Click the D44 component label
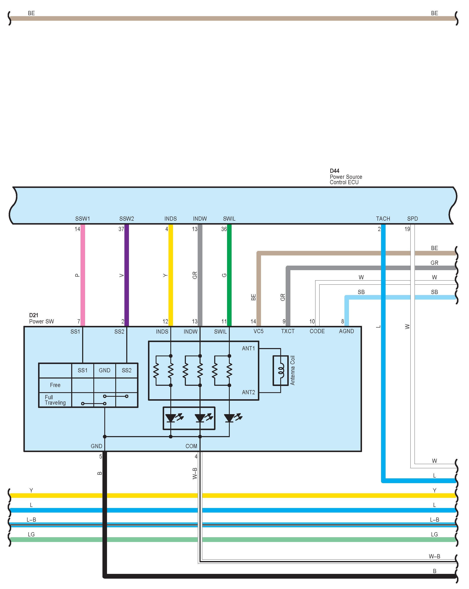click(334, 171)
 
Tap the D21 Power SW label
click(41, 319)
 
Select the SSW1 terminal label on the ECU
click(82, 219)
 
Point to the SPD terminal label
click(412, 219)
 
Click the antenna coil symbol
click(281, 370)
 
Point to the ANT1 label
click(248, 348)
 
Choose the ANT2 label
click(248, 392)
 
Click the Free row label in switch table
click(55, 385)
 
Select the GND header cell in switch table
click(105, 370)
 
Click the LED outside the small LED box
click(229, 418)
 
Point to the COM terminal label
click(191, 446)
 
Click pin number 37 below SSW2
click(121, 229)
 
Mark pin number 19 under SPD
click(407, 229)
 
